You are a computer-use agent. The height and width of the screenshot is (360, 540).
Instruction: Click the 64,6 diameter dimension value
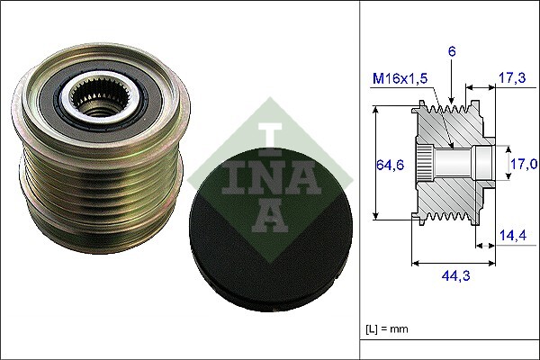(388, 165)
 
